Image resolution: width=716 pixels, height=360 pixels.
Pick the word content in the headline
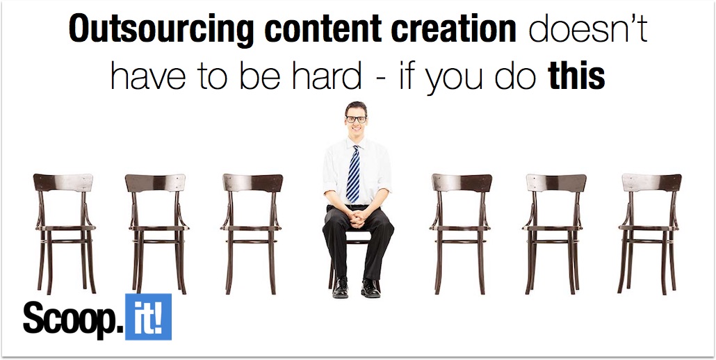tap(323, 28)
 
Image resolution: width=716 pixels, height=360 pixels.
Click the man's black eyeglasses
tap(356, 120)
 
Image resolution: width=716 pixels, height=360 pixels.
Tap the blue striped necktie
tap(353, 174)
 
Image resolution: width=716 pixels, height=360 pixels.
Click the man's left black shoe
tap(371, 288)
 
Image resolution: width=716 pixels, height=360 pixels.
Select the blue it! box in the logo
tap(148, 317)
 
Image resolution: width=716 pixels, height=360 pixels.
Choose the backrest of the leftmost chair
tap(63, 183)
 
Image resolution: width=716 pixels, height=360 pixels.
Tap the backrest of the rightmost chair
tap(651, 183)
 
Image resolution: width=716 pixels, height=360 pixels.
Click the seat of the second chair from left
tap(158, 227)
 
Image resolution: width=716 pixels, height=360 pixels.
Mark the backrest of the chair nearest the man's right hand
tap(252, 183)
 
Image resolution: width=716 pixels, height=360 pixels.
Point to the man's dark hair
tap(356, 108)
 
